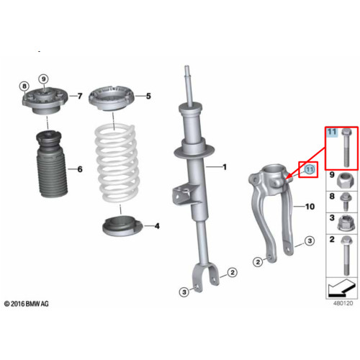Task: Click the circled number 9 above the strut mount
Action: click(x=43, y=79)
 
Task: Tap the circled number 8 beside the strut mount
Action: click(x=24, y=86)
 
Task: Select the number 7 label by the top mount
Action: click(x=80, y=96)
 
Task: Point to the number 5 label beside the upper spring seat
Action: click(x=148, y=96)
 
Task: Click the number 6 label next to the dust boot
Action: click(x=80, y=169)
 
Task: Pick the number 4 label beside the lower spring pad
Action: click(x=157, y=226)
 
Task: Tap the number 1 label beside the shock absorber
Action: click(x=225, y=167)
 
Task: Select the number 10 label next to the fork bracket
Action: click(x=310, y=207)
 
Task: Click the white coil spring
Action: click(x=116, y=163)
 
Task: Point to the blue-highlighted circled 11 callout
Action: click(x=310, y=169)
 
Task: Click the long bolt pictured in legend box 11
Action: click(x=346, y=148)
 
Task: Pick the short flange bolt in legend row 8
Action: click(x=346, y=202)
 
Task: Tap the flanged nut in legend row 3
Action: click(x=345, y=223)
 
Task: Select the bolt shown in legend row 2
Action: click(x=346, y=256)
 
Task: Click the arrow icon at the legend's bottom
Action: click(x=341, y=287)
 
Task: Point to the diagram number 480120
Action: click(x=343, y=303)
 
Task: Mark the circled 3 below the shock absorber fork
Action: click(x=184, y=292)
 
